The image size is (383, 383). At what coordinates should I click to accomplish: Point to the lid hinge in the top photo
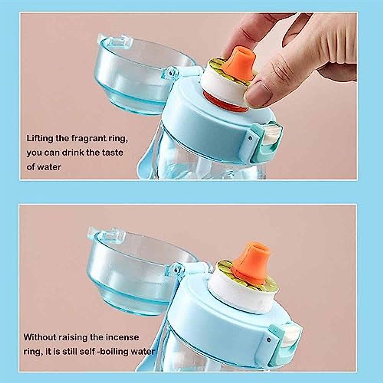[x=174, y=73]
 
